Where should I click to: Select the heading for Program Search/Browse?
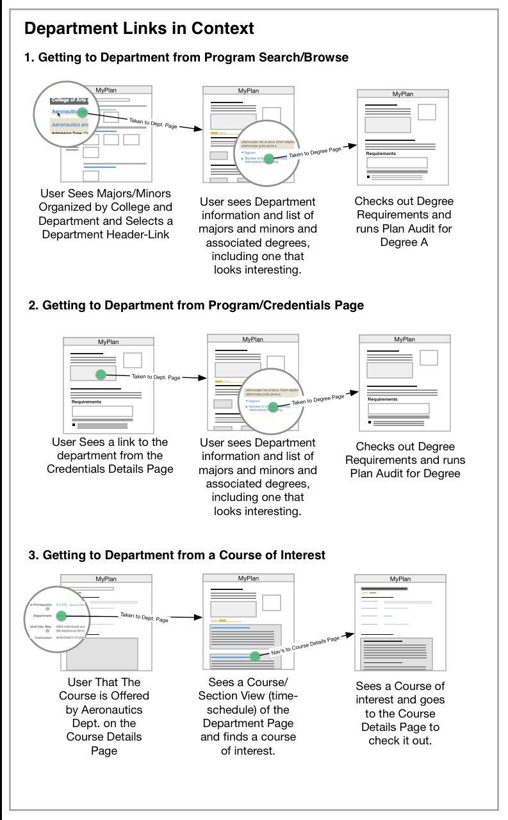pyautogui.click(x=186, y=58)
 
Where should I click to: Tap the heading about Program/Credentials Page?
pyautogui.click(x=196, y=306)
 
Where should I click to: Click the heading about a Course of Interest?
pyautogui.click(x=177, y=555)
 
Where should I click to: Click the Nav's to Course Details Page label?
pyautogui.click(x=305, y=646)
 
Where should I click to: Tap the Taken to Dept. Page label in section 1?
pyautogui.click(x=153, y=123)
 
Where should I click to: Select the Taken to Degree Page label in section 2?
pyautogui.click(x=318, y=400)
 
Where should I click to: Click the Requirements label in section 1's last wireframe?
pyautogui.click(x=381, y=154)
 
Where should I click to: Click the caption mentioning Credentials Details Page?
pyautogui.click(x=110, y=455)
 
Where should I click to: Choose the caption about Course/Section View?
pyautogui.click(x=248, y=716)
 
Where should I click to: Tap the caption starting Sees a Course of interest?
pyautogui.click(x=400, y=713)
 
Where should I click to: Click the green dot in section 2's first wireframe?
pyautogui.click(x=100, y=375)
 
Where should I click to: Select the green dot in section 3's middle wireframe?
pyautogui.click(x=255, y=656)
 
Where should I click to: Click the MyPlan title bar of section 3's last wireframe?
pyautogui.click(x=400, y=578)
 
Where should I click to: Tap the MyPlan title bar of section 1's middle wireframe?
pyautogui.click(x=248, y=91)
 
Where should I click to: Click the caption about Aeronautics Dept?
pyautogui.click(x=104, y=716)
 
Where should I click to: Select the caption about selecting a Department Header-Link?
pyautogui.click(x=106, y=214)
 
